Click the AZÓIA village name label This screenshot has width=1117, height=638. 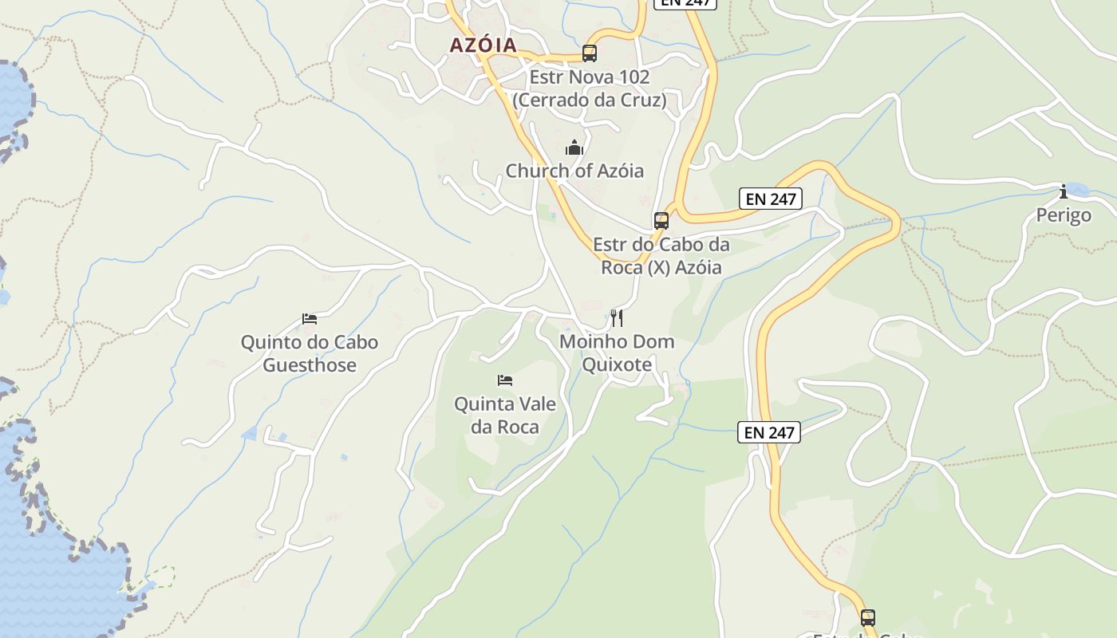(x=484, y=45)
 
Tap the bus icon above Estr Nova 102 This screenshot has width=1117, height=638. (x=590, y=53)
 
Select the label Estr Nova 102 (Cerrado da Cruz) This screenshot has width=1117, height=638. (x=590, y=89)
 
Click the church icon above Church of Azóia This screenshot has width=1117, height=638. (x=574, y=148)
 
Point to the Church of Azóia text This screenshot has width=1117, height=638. (x=574, y=171)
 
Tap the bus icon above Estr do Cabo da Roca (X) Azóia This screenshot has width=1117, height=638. (x=661, y=221)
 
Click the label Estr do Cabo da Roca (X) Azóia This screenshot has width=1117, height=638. (x=661, y=256)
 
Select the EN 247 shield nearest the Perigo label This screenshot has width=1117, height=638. (x=770, y=199)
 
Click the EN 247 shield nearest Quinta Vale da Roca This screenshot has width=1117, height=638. (x=768, y=432)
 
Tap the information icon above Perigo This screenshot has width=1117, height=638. (x=1064, y=191)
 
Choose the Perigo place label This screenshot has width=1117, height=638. (x=1064, y=215)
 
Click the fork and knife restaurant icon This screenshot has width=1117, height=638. (x=617, y=318)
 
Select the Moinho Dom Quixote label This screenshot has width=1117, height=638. (x=617, y=353)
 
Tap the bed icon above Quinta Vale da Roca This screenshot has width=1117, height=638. (x=504, y=380)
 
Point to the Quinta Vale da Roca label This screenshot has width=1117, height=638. (x=505, y=415)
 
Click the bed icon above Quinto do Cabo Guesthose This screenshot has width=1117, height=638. (x=310, y=319)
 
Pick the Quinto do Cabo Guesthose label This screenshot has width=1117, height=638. (x=310, y=354)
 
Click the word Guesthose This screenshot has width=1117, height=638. (x=310, y=365)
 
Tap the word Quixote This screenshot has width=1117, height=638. (x=617, y=364)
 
